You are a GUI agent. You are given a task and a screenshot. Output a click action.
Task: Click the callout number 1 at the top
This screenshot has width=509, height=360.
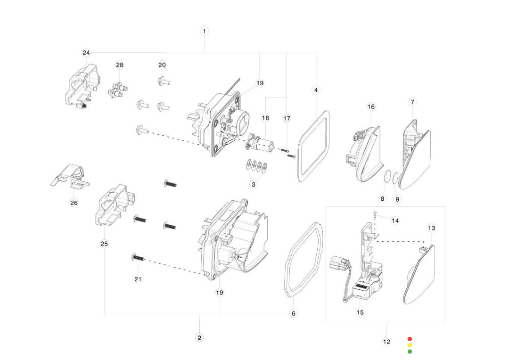click(x=204, y=31)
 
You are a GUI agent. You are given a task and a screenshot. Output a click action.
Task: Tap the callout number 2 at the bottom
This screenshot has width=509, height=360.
click(x=199, y=338)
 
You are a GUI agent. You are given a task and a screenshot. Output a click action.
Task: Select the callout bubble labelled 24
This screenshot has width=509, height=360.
click(x=86, y=52)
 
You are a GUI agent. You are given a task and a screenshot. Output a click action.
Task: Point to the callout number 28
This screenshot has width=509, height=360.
click(x=120, y=65)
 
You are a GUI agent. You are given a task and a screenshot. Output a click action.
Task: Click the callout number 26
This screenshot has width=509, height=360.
click(x=74, y=203)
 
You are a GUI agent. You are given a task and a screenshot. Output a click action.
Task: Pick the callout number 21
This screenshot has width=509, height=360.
click(x=138, y=279)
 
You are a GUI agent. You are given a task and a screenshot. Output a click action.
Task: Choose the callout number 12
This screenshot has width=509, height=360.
click(x=386, y=342)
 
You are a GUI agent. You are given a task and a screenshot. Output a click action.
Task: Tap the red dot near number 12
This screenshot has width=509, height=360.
click(x=410, y=339)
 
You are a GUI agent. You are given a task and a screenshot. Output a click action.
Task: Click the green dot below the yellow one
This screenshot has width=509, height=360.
click(x=410, y=352)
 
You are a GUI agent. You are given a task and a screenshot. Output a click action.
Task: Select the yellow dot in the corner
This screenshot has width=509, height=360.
click(x=410, y=345)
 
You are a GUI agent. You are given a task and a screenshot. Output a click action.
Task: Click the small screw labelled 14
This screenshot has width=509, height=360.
click(x=374, y=215)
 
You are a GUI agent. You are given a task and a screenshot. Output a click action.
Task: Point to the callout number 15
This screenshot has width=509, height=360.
click(x=360, y=312)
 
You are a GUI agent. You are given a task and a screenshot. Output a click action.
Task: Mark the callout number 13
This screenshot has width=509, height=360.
click(x=431, y=228)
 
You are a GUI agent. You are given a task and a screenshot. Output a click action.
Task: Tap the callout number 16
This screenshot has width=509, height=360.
click(x=371, y=106)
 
